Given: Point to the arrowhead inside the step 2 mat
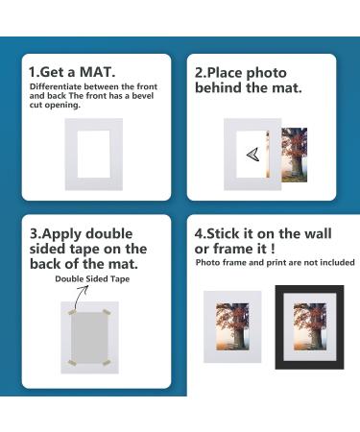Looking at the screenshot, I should [252, 154].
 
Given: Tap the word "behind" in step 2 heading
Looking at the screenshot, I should [221, 87].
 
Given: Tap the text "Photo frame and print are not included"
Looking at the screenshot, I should [275, 262].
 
